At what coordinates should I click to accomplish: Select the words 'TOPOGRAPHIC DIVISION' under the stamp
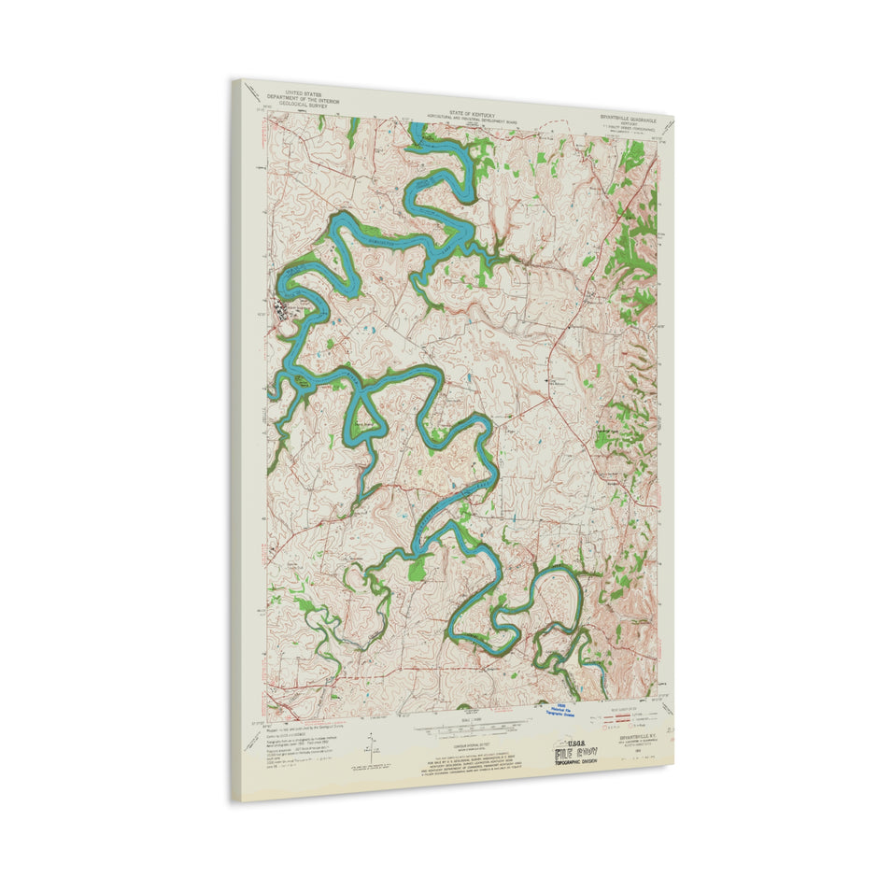[587, 762]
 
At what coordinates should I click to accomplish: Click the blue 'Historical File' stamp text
[560, 709]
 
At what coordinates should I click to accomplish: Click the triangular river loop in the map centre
[360, 416]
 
